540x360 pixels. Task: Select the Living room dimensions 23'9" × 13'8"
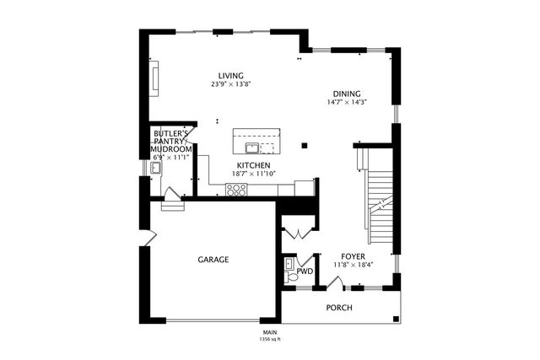point(231,84)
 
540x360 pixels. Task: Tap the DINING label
point(346,94)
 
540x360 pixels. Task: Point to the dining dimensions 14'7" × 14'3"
point(346,103)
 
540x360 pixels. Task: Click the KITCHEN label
point(253,165)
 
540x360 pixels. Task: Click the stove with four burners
point(236,188)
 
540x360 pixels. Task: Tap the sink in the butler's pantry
point(156,169)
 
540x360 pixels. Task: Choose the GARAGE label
point(213,260)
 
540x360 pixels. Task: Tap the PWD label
point(305,272)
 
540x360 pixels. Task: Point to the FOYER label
point(353,255)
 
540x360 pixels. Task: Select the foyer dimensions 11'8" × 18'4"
point(354,265)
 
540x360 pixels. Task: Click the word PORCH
point(339,308)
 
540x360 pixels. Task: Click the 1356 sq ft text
point(269,340)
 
